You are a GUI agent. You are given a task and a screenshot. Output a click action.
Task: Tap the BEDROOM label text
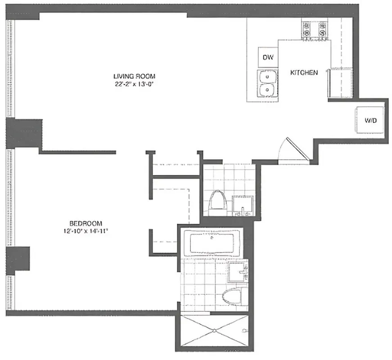tap(86, 223)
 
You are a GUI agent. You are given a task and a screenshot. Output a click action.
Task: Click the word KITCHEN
tap(304, 72)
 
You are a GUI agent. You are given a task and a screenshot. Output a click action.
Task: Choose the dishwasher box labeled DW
tap(268, 58)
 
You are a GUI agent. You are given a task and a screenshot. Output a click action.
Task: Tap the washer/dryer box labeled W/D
tap(370, 120)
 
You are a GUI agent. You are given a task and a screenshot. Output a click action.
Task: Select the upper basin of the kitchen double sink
tap(267, 77)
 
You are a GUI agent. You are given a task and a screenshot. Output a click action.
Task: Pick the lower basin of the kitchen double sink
tap(267, 91)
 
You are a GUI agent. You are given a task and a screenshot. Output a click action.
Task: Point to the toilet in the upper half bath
tap(218, 201)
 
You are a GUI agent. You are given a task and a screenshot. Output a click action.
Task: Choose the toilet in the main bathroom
tap(234, 296)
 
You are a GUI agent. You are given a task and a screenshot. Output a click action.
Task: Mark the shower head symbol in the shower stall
tap(244, 331)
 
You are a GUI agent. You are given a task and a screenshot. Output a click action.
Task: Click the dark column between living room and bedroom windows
tap(23, 134)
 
